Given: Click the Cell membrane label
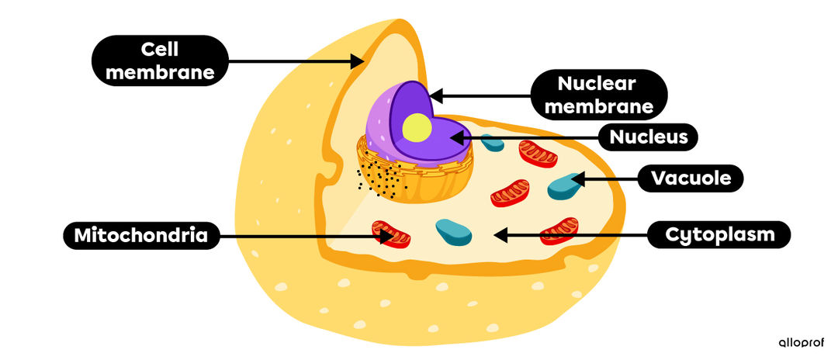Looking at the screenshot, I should (160, 61).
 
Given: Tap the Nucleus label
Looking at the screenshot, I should (649, 138).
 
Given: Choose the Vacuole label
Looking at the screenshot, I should (691, 179).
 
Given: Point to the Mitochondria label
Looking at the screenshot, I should (140, 235).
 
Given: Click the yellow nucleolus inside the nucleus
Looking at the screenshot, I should (417, 127).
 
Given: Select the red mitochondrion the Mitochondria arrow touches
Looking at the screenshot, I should (390, 233).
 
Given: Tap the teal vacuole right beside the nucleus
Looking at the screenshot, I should (491, 143).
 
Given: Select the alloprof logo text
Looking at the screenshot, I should (801, 342).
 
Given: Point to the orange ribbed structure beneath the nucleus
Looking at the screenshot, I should (419, 178).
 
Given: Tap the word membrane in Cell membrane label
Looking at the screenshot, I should (160, 73).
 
